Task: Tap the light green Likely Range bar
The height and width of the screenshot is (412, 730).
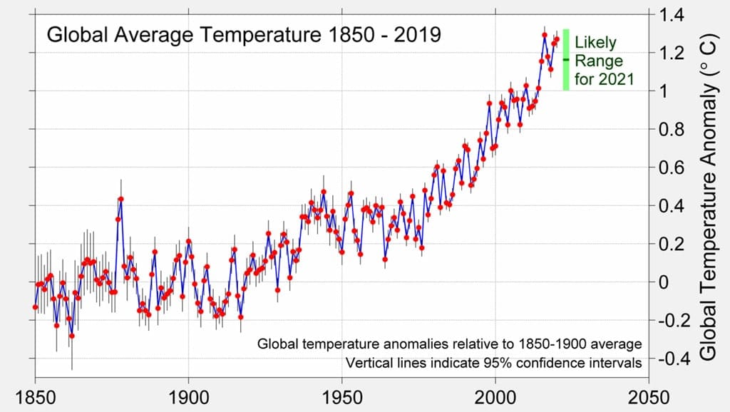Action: point(565,59)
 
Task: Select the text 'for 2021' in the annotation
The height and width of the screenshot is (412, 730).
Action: point(604,79)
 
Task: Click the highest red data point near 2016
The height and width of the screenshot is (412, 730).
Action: point(545,34)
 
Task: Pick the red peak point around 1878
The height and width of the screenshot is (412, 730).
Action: point(121,199)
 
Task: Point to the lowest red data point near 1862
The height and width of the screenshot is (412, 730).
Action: point(71,336)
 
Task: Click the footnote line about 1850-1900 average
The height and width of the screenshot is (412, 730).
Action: point(449,345)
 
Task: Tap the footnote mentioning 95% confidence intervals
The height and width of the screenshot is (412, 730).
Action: point(493,364)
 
